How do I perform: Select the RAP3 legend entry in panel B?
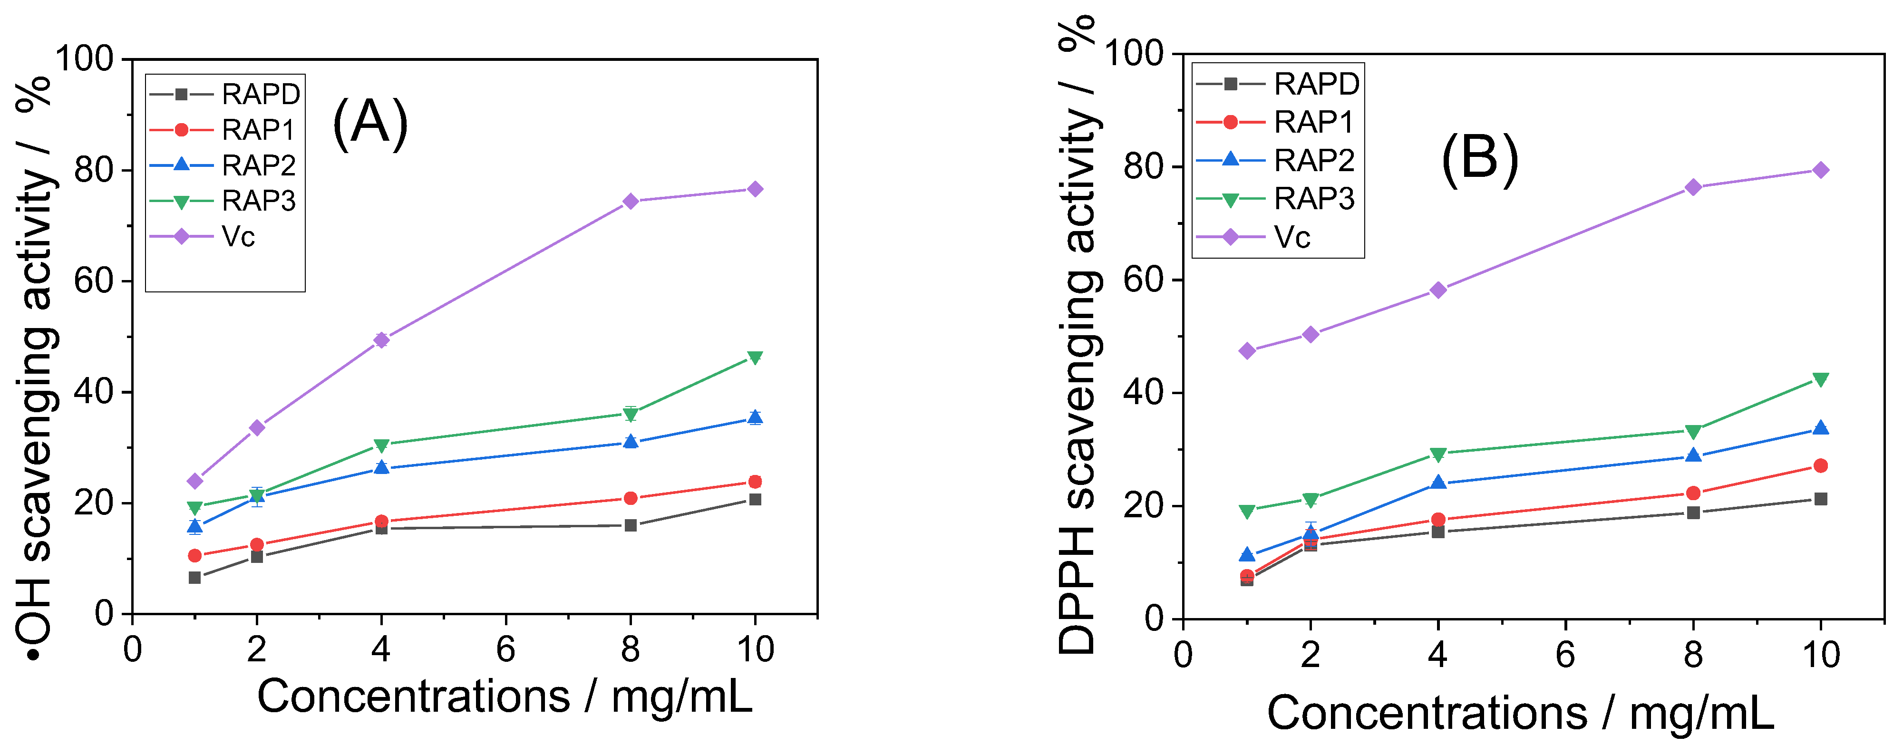[x=1313, y=199]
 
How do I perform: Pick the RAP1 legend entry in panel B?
[x=1313, y=122]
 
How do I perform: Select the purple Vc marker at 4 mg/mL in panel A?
[x=381, y=339]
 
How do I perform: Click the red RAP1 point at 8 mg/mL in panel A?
[x=630, y=498]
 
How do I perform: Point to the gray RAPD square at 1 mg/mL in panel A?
[x=195, y=577]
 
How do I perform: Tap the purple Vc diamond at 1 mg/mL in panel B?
[x=1247, y=351]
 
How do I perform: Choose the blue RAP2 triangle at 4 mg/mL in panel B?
[x=1437, y=483]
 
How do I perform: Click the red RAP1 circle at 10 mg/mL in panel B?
[x=1820, y=466]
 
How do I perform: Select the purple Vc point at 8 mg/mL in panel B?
[x=1693, y=187]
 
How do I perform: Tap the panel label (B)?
[x=1479, y=159]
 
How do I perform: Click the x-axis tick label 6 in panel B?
[x=1564, y=655]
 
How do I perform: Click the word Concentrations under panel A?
[x=414, y=697]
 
